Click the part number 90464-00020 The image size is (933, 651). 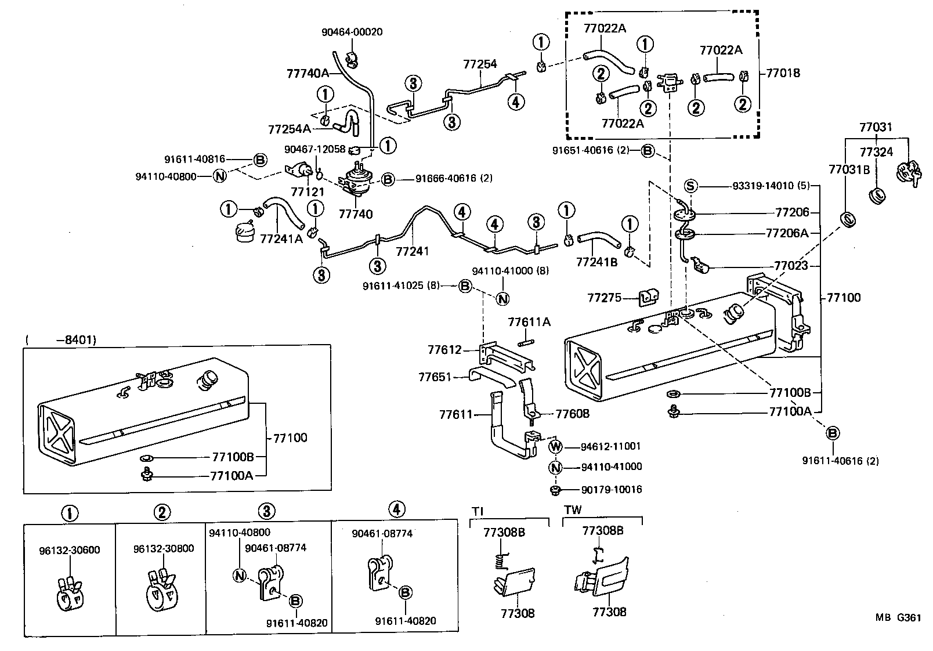[352, 32]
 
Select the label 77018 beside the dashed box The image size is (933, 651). [783, 73]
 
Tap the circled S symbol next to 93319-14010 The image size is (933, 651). [690, 186]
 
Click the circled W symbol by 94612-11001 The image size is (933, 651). [556, 447]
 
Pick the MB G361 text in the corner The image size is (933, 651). [898, 618]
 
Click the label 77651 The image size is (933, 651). [435, 377]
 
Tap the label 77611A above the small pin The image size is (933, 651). [529, 322]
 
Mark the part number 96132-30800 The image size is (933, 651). [163, 548]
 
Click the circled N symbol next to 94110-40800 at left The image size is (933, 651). [219, 176]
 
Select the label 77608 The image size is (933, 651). [572, 414]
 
